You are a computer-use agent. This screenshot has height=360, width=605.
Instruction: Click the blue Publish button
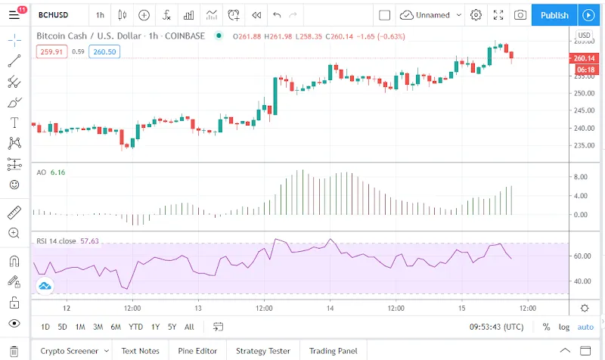(x=554, y=15)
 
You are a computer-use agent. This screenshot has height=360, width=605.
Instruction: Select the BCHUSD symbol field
(x=55, y=15)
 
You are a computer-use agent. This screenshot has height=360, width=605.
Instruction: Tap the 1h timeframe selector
(x=100, y=15)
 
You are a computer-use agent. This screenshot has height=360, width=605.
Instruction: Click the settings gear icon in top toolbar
(x=476, y=15)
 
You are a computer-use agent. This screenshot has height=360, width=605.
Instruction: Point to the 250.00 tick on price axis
(x=583, y=94)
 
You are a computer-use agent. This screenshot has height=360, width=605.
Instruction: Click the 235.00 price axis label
(x=583, y=146)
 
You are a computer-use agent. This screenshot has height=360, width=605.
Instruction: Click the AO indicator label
(x=42, y=172)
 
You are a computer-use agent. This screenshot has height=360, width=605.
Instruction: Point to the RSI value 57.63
(x=90, y=241)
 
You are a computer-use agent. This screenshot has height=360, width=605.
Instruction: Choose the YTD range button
(x=136, y=327)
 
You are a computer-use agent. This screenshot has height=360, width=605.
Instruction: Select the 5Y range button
(x=172, y=327)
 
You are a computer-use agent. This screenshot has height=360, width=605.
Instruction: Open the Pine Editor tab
(x=197, y=351)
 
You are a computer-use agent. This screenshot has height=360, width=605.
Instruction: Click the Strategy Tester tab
(x=262, y=351)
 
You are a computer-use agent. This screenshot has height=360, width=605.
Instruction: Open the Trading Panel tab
(x=333, y=351)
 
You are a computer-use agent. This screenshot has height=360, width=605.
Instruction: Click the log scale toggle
(x=564, y=327)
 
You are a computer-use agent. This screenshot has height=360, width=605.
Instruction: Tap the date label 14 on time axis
(x=330, y=308)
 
